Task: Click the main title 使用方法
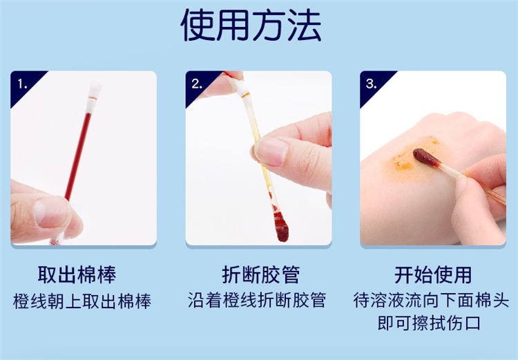(251, 25)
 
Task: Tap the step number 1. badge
(23, 84)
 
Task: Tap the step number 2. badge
(198, 84)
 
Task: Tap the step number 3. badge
(372, 84)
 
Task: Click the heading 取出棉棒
(77, 275)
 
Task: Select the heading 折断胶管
(260, 275)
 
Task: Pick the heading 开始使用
(433, 275)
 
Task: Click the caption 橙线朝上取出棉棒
(82, 301)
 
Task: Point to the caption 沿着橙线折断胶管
(257, 300)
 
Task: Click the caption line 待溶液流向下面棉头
(431, 300)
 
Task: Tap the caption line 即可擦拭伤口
(429, 323)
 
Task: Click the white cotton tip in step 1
(94, 94)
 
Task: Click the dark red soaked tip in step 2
(281, 227)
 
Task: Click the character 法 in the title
(304, 25)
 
